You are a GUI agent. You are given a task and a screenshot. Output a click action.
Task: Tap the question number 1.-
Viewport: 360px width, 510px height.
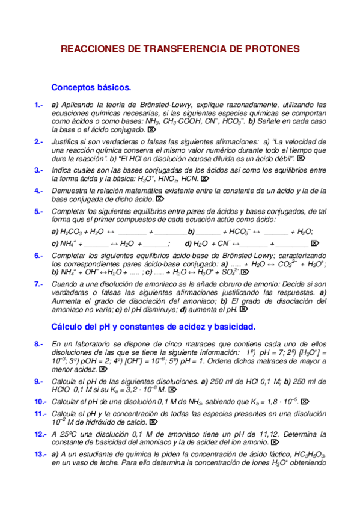[38, 104]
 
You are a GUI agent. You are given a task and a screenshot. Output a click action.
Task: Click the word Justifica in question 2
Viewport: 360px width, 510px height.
[67, 141]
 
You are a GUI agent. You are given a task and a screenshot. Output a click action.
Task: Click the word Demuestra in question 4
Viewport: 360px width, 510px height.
[70, 191]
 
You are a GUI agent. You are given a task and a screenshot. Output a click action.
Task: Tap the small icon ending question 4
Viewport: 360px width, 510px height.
[159, 199]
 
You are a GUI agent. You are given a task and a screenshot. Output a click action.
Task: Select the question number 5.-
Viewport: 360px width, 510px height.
[38, 211]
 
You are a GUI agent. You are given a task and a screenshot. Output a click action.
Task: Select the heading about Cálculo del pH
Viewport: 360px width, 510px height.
[154, 327]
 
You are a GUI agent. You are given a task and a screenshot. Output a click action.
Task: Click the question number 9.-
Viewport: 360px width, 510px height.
[38, 381]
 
